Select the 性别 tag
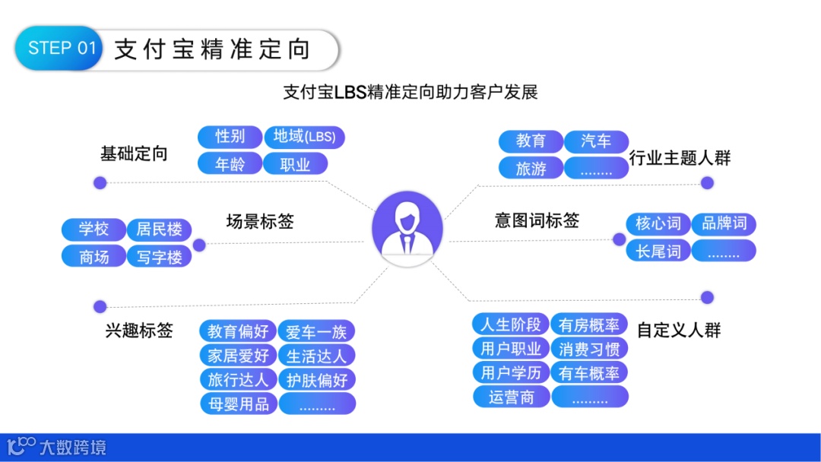coord(230,137)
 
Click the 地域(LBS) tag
coord(303,137)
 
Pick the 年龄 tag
coord(230,164)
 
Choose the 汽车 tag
coord(596,141)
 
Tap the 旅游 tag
coord(531,169)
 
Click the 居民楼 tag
coord(159,229)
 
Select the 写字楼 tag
coord(159,257)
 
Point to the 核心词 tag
coord(658,223)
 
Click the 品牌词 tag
coord(724,223)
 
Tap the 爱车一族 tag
coord(316,332)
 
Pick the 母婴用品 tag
coord(239,403)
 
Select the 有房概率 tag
coord(589,325)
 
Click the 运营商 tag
coord(511,397)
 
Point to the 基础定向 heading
coord(134,154)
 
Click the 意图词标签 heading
coord(537,220)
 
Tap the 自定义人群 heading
coord(679,330)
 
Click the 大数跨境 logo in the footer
coord(57,447)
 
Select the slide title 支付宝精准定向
coord(212,50)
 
